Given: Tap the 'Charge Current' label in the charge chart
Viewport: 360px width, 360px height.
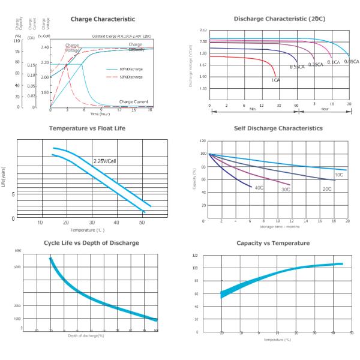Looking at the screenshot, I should [x=134, y=102].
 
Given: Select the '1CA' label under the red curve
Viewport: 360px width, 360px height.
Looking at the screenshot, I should [x=275, y=80].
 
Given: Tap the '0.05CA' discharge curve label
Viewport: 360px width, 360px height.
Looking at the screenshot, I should [x=352, y=62].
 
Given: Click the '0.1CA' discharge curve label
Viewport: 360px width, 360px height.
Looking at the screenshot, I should [x=334, y=62].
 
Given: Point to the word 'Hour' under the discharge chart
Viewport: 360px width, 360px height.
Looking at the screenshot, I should [x=324, y=109].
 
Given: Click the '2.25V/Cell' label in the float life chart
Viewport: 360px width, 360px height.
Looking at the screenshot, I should [x=106, y=161].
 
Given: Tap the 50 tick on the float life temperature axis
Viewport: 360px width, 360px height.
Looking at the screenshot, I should [x=142, y=223].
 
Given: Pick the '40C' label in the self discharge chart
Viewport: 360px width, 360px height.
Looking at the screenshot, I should [x=260, y=188].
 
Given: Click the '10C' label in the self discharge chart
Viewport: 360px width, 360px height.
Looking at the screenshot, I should [x=339, y=175].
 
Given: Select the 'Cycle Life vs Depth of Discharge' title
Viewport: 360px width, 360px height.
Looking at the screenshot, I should [x=91, y=242].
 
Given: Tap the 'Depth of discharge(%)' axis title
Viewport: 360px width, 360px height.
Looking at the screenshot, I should [x=86, y=335].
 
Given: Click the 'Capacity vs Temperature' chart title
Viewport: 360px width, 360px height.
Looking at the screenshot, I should [x=273, y=243].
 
